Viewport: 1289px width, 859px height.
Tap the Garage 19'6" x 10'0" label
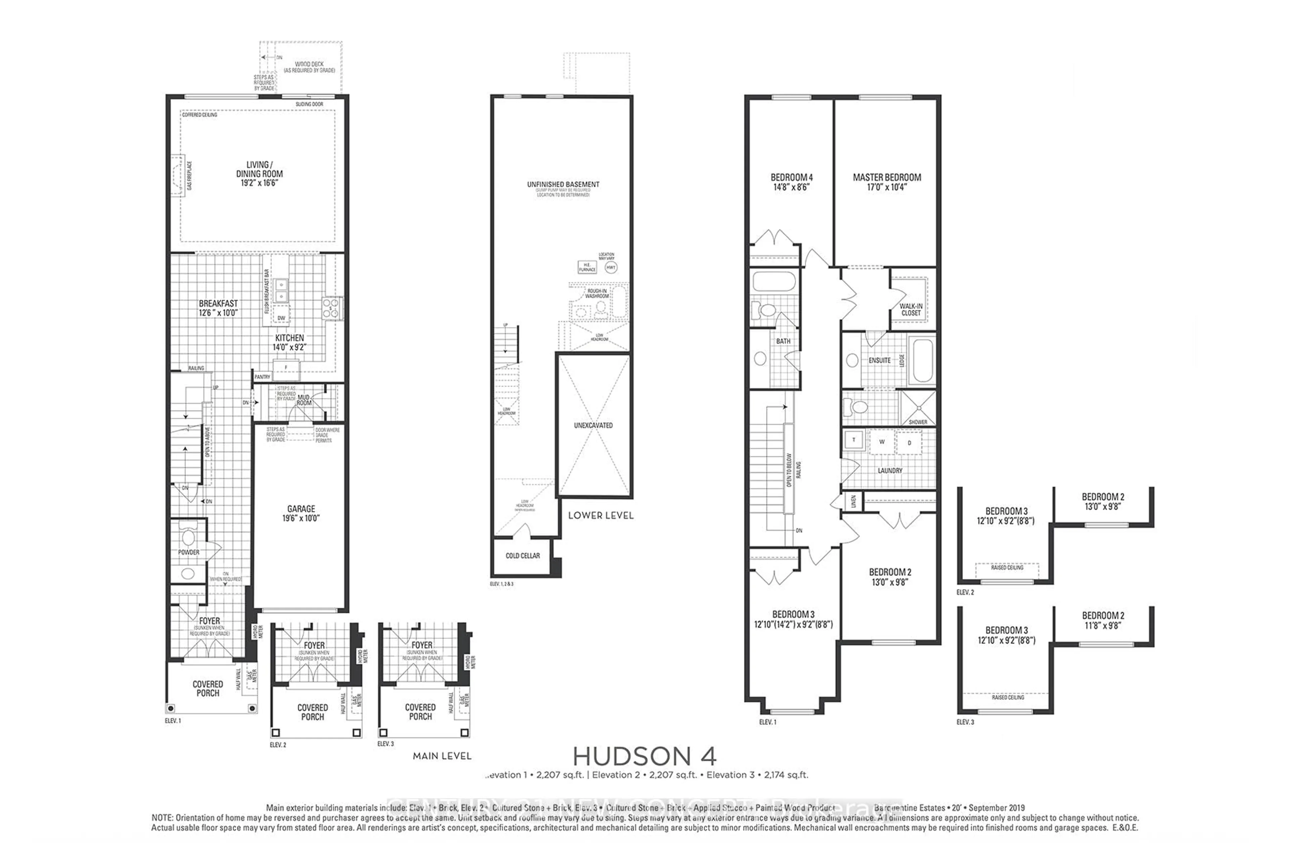[x=301, y=513]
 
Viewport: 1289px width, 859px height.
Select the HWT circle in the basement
[x=611, y=267]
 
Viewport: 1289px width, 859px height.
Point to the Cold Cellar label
[x=522, y=556]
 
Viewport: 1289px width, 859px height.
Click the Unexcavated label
[x=593, y=425]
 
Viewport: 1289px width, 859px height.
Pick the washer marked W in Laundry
[x=882, y=442]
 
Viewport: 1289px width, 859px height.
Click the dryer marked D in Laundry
[x=909, y=443]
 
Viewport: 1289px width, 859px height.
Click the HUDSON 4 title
[x=644, y=757]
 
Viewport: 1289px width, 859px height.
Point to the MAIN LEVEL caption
[x=442, y=756]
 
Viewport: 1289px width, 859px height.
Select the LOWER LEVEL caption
[x=601, y=515]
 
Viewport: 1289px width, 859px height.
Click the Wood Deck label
[x=309, y=67]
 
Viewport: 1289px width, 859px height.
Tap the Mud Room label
[x=303, y=400]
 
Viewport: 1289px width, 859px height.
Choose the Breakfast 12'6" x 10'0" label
[x=218, y=308]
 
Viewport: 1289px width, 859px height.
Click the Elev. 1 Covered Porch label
[x=208, y=689]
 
